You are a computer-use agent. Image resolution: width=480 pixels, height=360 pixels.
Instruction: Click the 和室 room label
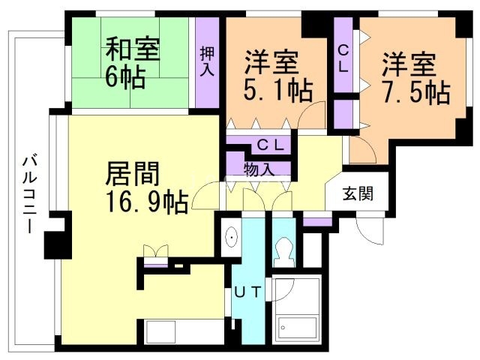pos(132,49)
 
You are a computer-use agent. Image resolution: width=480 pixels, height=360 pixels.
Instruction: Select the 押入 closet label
pos(207,61)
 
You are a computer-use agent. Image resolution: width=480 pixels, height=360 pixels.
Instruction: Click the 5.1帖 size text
pos(278,90)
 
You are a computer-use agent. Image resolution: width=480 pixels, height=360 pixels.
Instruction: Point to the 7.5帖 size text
pos(415,92)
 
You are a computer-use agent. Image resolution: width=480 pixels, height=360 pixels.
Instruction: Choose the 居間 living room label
pos(132,173)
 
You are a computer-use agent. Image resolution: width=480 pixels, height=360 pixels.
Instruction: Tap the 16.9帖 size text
pos(146,202)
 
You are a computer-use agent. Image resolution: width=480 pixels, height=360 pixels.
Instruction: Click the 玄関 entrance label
pos(358,193)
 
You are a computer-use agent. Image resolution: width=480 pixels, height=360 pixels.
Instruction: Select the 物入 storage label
pos(259,169)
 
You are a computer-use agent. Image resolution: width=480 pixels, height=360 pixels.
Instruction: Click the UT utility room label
pos(247,292)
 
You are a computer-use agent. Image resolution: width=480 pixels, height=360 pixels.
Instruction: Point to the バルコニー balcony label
pos(30,194)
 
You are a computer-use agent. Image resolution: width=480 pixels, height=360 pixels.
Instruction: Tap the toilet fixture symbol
pos(283,252)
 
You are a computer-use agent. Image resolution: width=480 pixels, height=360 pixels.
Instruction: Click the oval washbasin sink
pos(232,237)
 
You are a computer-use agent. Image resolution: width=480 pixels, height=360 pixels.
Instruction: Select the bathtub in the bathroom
pos(298,328)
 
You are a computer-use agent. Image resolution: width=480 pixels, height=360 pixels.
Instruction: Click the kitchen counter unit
pos(181,332)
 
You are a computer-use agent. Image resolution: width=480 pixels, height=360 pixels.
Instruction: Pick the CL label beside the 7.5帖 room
pos(343,59)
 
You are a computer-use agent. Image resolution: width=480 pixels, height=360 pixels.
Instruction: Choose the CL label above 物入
pos(270,145)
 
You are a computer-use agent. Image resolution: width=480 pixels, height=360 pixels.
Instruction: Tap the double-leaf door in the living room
pos(155,252)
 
